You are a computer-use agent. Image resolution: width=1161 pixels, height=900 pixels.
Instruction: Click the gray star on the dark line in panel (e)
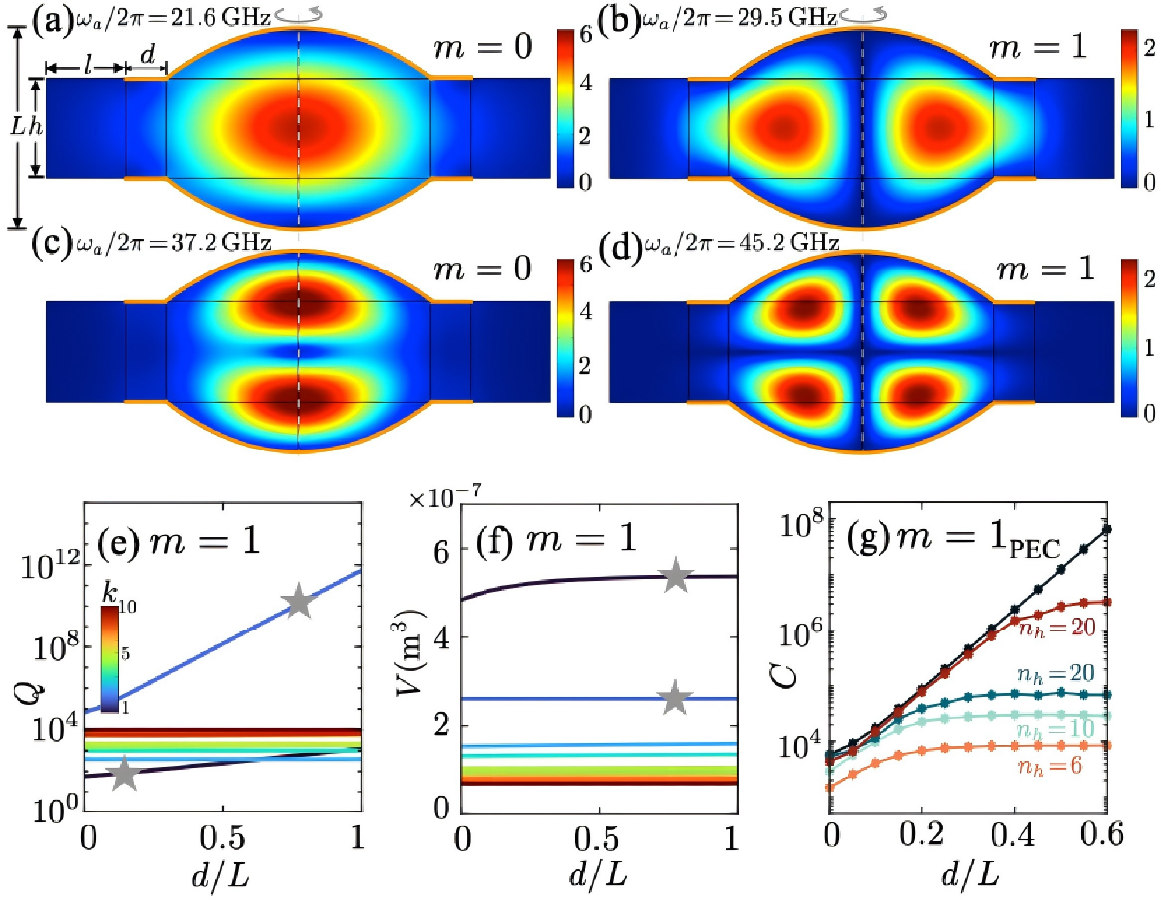click(x=124, y=773)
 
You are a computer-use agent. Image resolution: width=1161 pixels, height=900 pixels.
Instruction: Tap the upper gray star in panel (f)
click(x=677, y=574)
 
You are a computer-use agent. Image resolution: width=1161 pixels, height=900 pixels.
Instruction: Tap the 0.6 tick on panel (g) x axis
click(x=1102, y=827)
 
